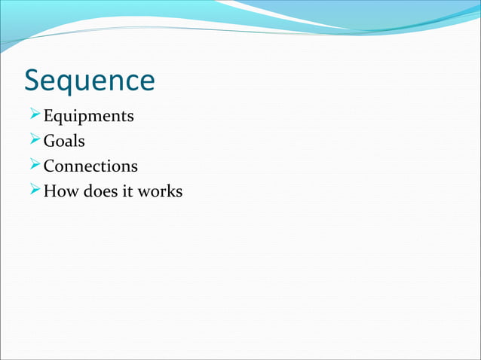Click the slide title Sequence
90,81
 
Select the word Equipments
88,117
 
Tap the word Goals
64,141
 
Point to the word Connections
90,166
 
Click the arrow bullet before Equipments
32,116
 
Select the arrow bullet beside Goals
32,141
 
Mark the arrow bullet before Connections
32,166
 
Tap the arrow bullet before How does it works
32,191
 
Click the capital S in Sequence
33,81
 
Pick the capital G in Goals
50,141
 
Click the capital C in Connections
50,166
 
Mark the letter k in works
167,191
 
